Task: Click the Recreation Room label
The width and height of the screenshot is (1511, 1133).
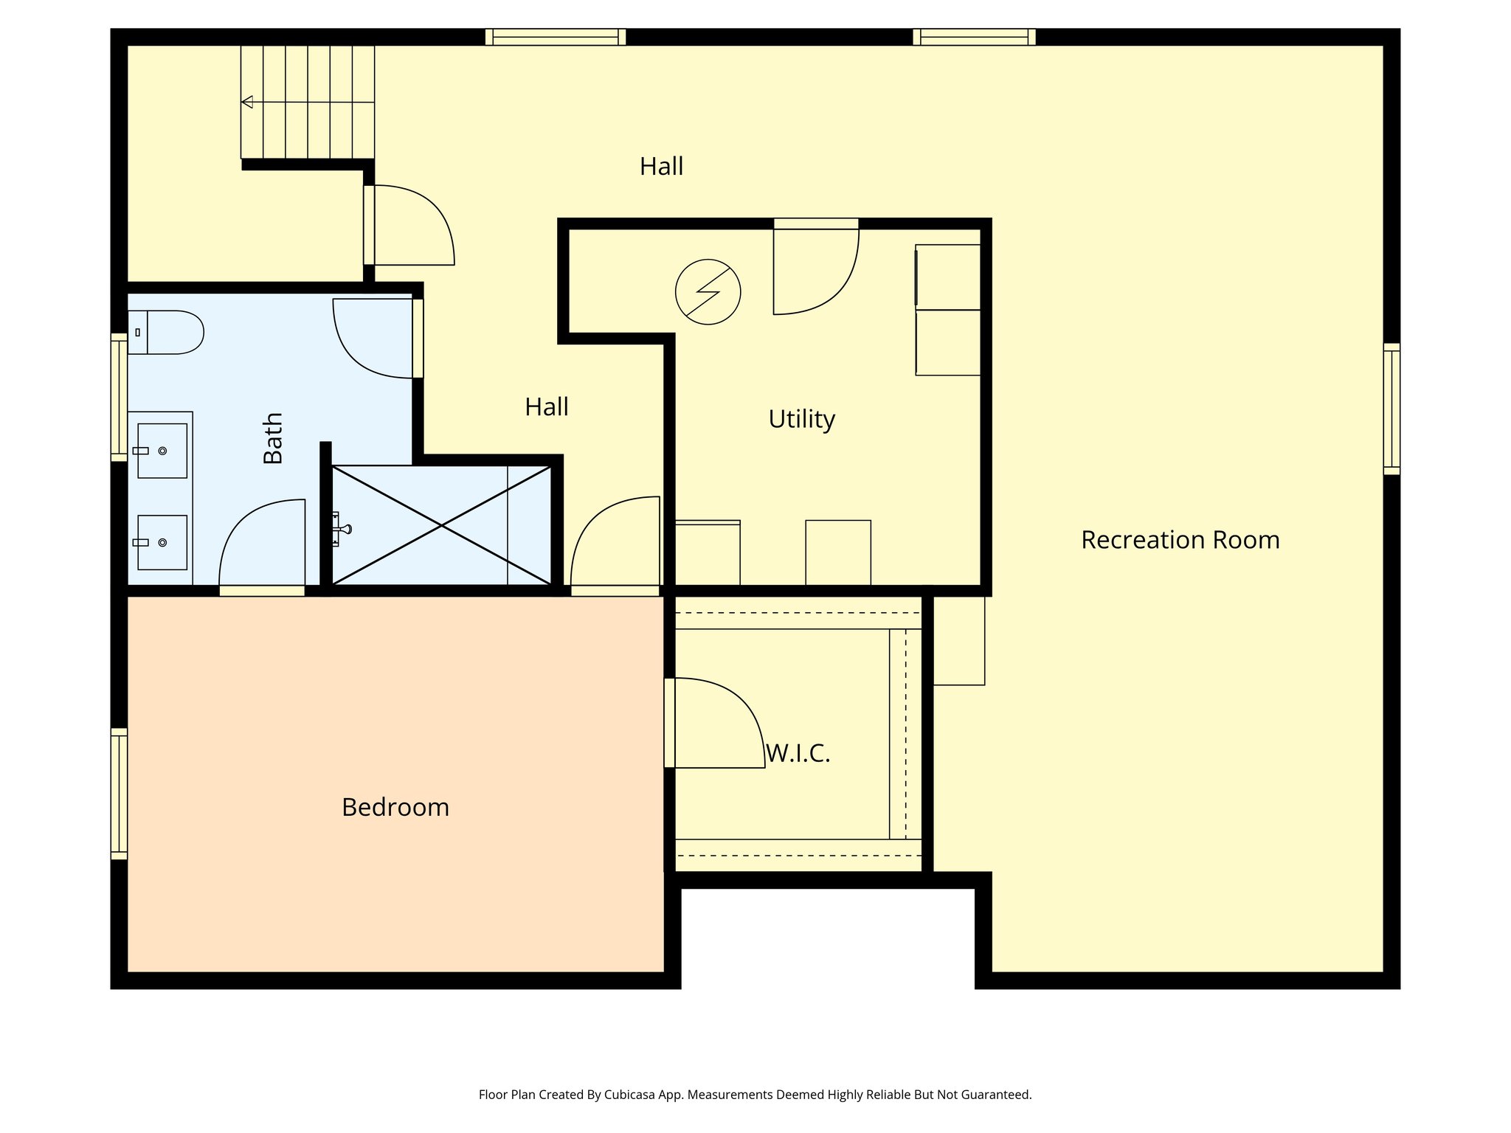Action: (1180, 540)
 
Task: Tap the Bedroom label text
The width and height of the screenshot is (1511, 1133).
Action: (395, 807)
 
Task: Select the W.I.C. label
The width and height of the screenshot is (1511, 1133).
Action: (798, 753)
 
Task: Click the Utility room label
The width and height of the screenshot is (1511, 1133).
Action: (801, 419)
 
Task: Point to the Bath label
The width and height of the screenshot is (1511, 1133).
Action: (273, 438)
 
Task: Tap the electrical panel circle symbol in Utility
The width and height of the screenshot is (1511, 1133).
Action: (708, 292)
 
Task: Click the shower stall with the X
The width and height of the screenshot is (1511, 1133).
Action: (441, 525)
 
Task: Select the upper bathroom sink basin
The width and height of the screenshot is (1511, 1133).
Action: (162, 451)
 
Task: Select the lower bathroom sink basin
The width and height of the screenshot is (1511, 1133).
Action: (162, 542)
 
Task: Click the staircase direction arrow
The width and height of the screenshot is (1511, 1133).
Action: (248, 102)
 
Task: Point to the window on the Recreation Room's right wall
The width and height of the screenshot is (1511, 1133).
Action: (1391, 409)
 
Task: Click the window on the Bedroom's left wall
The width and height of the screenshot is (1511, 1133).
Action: (119, 794)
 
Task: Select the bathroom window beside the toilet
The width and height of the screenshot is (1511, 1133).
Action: (119, 397)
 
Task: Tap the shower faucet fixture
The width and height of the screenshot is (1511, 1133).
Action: (341, 528)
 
